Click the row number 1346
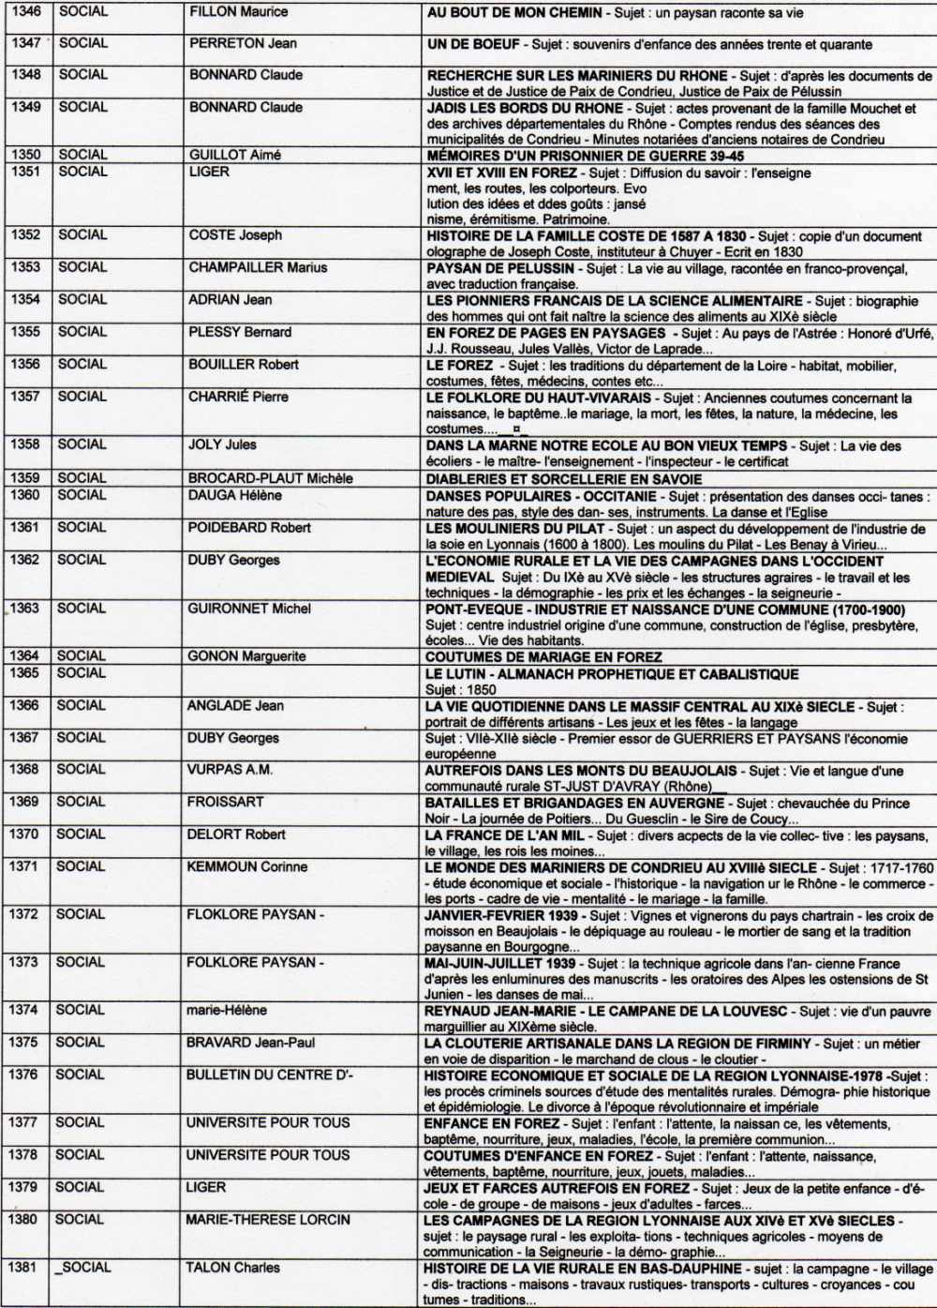[x=26, y=12]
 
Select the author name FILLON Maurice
[x=238, y=12]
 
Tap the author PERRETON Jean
[x=243, y=43]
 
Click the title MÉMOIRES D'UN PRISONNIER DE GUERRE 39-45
[x=586, y=156]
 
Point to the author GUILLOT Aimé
[x=234, y=155]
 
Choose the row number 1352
[x=25, y=235]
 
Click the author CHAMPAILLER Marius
[x=258, y=267]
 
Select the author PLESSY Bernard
[x=240, y=332]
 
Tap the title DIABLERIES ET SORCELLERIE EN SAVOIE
[x=563, y=479]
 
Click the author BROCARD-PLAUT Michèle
[x=270, y=478]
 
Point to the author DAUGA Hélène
[x=234, y=495]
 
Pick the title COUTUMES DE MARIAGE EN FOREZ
[x=543, y=657]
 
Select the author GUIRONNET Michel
[x=249, y=609]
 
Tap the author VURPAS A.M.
[x=230, y=770]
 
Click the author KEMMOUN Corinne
[x=246, y=866]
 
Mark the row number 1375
[x=23, y=1043]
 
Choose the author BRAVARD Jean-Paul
[x=250, y=1043]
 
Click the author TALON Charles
[x=232, y=1268]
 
